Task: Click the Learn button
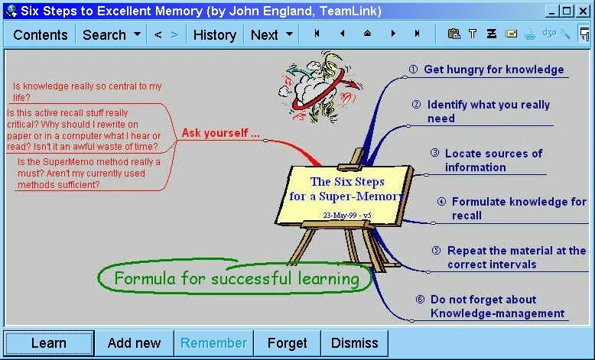(x=49, y=343)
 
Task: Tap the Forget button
(x=287, y=343)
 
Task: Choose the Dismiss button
(x=354, y=343)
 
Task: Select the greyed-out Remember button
(x=213, y=343)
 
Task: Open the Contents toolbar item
(x=41, y=35)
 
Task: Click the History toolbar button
(x=214, y=35)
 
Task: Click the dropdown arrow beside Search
(x=138, y=34)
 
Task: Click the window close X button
(x=583, y=11)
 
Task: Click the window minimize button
(x=551, y=11)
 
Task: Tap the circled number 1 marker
(x=413, y=69)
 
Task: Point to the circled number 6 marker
(x=420, y=300)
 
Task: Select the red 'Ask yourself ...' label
(x=220, y=133)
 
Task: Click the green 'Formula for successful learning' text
(x=237, y=279)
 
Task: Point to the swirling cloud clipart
(x=320, y=89)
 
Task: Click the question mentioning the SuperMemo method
(x=89, y=174)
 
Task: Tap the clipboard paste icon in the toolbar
(x=454, y=34)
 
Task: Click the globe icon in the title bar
(x=11, y=11)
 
